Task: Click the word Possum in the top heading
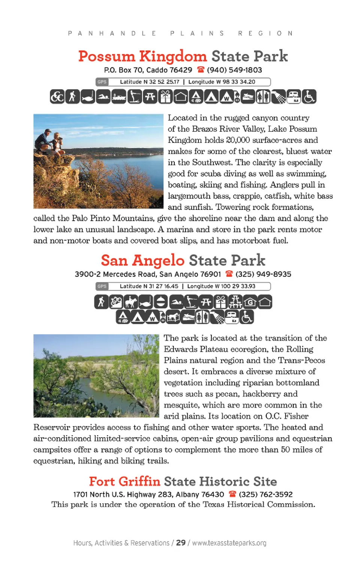(x=106, y=57)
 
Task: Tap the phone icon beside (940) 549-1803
(x=201, y=70)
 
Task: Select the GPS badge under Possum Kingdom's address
(x=102, y=82)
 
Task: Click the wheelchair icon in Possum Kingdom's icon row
(x=309, y=97)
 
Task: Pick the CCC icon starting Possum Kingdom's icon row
(x=57, y=97)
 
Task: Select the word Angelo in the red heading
(x=158, y=260)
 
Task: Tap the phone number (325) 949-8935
(x=263, y=274)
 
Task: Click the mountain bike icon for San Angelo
(x=116, y=302)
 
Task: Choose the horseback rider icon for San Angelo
(x=131, y=302)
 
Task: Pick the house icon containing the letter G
(x=250, y=302)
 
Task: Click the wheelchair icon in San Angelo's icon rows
(x=246, y=317)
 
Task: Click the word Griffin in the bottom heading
(x=139, y=481)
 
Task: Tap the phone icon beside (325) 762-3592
(x=232, y=494)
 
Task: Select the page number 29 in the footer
(x=181, y=543)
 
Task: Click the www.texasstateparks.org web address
(x=229, y=543)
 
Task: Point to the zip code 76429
(x=181, y=70)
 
